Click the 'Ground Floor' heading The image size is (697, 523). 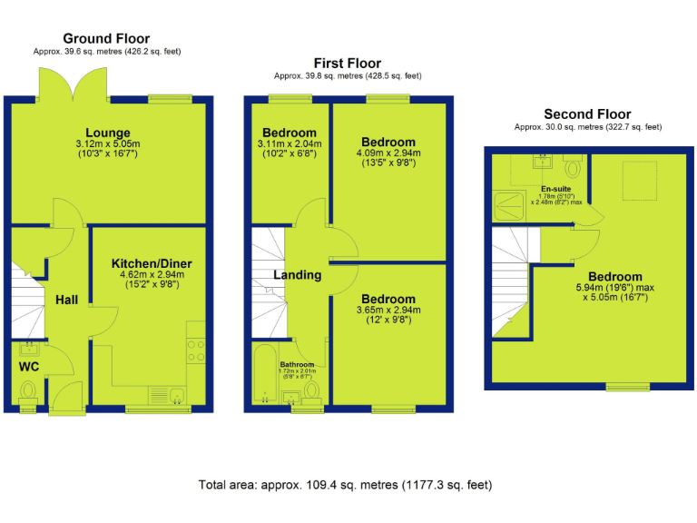click(106, 38)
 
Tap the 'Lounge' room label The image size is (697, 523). click(108, 133)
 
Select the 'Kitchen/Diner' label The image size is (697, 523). click(152, 263)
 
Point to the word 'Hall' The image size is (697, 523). click(66, 300)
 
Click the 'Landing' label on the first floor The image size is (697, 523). click(298, 274)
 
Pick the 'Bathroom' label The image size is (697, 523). click(297, 365)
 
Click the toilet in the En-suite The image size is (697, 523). click(573, 168)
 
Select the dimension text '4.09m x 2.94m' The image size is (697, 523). click(388, 153)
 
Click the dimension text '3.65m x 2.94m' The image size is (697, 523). click(388, 310)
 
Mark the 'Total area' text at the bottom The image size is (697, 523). click(345, 485)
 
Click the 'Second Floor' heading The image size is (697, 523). click(587, 113)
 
